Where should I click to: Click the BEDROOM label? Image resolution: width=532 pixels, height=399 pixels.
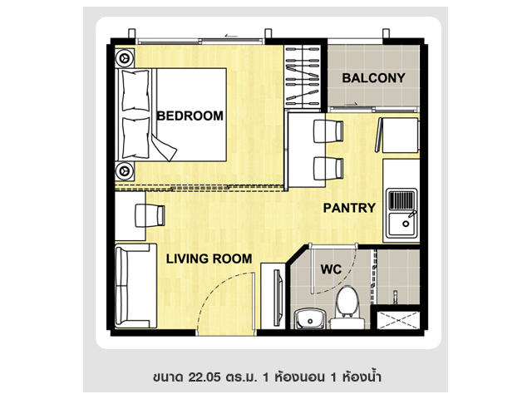coord(190,116)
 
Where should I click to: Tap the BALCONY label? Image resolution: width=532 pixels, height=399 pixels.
coord(373,78)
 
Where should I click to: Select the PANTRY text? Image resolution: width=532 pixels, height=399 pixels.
coord(349,208)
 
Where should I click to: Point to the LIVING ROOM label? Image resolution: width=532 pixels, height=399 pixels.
coord(209,259)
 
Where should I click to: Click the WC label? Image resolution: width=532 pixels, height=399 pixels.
coord(331,269)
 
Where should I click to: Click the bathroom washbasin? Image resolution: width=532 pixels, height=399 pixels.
coord(310,318)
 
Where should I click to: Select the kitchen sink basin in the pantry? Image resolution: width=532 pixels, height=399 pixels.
coord(402,224)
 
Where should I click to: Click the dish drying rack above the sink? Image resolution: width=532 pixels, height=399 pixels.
coord(401,200)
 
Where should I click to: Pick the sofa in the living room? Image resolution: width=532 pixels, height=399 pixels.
coord(135,286)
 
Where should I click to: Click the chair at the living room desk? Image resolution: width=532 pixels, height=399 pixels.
coord(150,215)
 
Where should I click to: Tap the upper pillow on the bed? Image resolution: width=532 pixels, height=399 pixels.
coord(135,91)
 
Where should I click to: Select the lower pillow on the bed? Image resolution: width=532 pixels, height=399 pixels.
coord(135,138)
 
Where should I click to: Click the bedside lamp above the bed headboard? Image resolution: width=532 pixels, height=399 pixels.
coord(124,58)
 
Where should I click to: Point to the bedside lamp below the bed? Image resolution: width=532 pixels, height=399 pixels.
coord(124,170)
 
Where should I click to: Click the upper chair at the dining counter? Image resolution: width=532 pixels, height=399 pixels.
coord(328,131)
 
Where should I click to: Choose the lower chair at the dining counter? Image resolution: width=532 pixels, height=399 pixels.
coord(328,169)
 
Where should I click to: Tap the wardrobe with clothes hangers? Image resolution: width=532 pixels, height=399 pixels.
coord(303,77)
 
